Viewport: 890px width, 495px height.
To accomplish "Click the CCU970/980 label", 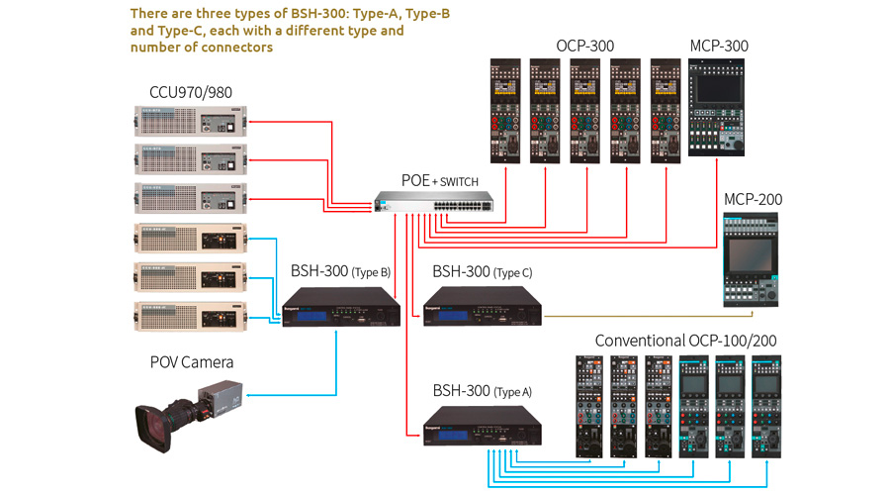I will [191, 93].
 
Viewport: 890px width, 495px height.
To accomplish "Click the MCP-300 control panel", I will [718, 110].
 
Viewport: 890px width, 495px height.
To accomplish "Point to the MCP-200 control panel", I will [752, 260].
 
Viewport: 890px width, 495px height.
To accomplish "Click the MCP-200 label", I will [753, 199].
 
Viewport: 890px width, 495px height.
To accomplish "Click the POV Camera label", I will [192, 362].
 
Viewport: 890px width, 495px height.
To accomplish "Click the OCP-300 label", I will [585, 46].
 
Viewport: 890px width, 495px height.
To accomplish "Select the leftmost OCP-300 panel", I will [505, 110].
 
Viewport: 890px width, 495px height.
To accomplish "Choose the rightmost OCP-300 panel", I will [666, 110].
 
